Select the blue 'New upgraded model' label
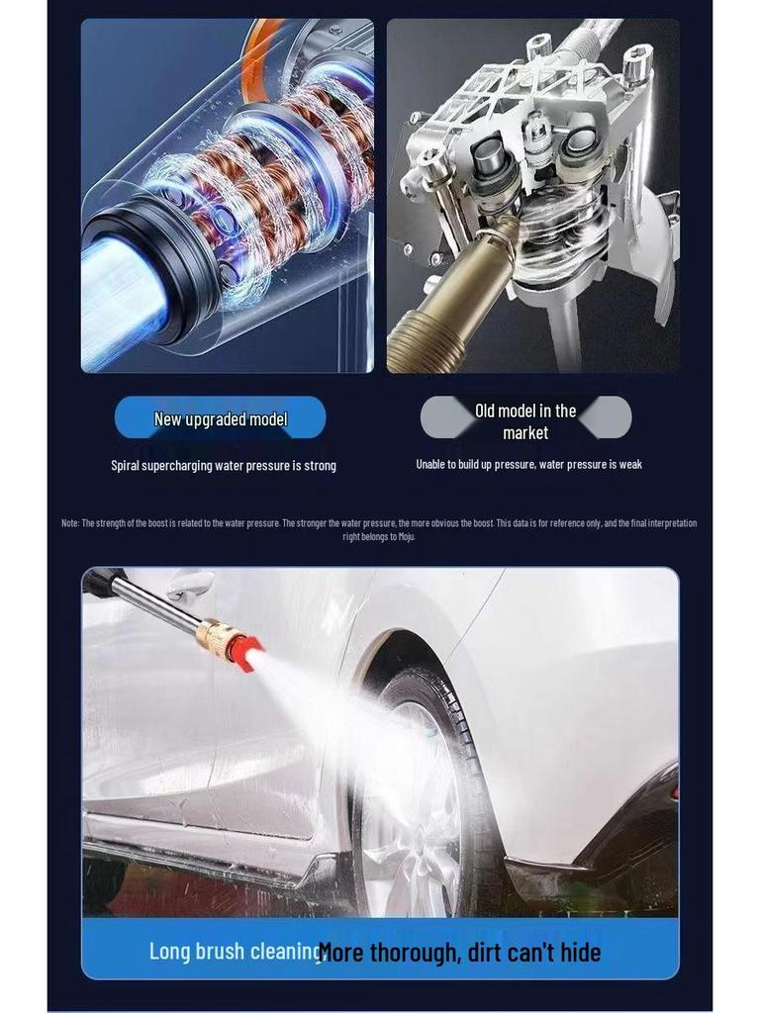pyautogui.click(x=220, y=418)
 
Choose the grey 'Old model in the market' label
pyautogui.click(x=525, y=421)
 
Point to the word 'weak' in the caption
pyautogui.click(x=630, y=465)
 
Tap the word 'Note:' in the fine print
pyautogui.click(x=70, y=523)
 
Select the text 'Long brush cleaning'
pyautogui.click(x=236, y=952)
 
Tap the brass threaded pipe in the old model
pyautogui.click(x=435, y=317)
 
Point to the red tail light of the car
pyautogui.click(x=674, y=791)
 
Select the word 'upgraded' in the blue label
pyautogui.click(x=218, y=419)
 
